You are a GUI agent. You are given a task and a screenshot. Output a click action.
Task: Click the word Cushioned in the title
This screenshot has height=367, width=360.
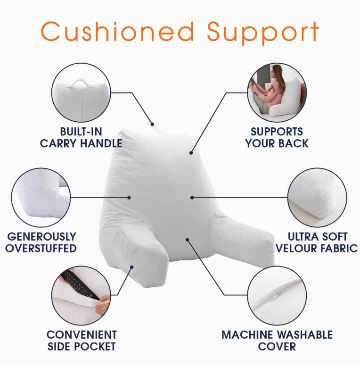[x=118, y=32]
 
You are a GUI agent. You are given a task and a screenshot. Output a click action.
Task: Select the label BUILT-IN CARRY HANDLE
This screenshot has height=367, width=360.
[x=81, y=137]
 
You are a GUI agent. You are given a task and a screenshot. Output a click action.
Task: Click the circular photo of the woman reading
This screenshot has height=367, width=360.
[x=277, y=93]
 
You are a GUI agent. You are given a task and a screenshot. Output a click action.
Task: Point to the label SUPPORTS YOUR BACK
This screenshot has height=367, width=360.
[x=277, y=137]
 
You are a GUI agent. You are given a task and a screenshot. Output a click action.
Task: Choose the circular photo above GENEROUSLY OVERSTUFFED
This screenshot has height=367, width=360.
[x=41, y=199]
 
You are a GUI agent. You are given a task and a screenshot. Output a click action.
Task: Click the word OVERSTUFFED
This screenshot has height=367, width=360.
[x=41, y=248]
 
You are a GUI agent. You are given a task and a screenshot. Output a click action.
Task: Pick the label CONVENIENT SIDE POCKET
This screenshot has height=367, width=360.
[x=81, y=340]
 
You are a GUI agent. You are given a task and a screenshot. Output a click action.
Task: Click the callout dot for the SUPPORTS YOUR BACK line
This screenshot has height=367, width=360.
[x=191, y=152]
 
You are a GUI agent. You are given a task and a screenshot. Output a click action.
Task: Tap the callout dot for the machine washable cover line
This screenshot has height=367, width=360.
[x=187, y=240]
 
